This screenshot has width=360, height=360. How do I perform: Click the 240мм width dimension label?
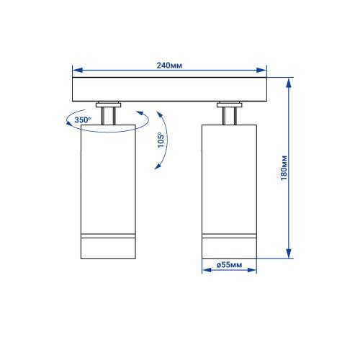pyautogui.click(x=169, y=66)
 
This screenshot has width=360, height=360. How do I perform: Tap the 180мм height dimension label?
pyautogui.click(x=284, y=168)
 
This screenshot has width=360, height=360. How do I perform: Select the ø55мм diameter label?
pyautogui.click(x=229, y=265)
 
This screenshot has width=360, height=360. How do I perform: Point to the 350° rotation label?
pyautogui.click(x=83, y=120)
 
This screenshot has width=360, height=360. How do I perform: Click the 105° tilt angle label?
pyautogui.click(x=161, y=140)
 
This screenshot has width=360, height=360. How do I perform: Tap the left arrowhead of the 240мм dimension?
pyautogui.click(x=78, y=70)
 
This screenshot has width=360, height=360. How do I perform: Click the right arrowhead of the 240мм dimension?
pyautogui.click(x=261, y=70)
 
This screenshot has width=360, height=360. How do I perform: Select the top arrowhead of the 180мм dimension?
pyautogui.click(x=289, y=83)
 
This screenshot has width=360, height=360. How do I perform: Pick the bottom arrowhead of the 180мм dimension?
pyautogui.click(x=289, y=253)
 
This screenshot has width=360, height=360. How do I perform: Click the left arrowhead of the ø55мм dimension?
pyautogui.click(x=207, y=270)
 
